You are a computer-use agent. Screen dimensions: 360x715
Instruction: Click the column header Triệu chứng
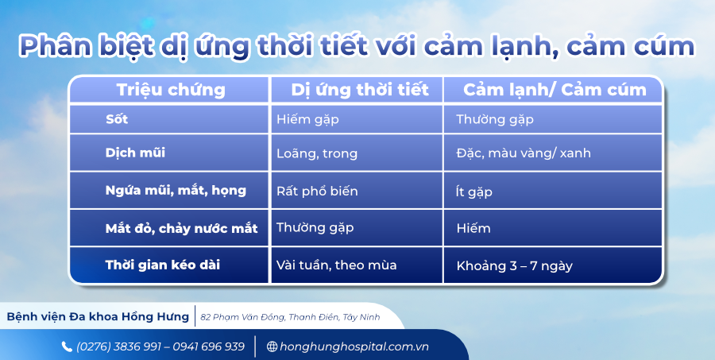[x=171, y=90]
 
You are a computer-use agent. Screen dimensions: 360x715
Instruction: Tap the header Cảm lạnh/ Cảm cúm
[x=555, y=90]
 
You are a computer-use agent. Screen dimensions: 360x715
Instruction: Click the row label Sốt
[x=117, y=119]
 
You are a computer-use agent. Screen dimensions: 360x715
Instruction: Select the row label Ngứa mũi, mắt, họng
[x=176, y=191]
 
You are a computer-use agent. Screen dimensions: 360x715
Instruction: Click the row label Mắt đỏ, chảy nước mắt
[x=181, y=228]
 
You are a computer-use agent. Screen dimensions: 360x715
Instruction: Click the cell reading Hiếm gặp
[x=311, y=120]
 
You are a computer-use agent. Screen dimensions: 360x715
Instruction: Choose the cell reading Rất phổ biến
[x=317, y=192]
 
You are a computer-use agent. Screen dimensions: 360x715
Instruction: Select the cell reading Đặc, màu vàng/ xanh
[x=524, y=153]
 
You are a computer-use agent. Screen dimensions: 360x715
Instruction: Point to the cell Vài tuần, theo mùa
[x=336, y=265]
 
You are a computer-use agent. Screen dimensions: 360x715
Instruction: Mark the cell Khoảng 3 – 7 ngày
[x=514, y=265]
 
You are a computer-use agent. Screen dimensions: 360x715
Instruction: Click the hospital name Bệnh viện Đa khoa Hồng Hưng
[x=98, y=316]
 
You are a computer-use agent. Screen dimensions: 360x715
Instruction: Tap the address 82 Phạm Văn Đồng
[x=290, y=317]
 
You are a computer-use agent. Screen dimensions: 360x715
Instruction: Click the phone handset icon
[x=67, y=346]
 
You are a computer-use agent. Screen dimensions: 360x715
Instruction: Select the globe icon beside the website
[x=272, y=346]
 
